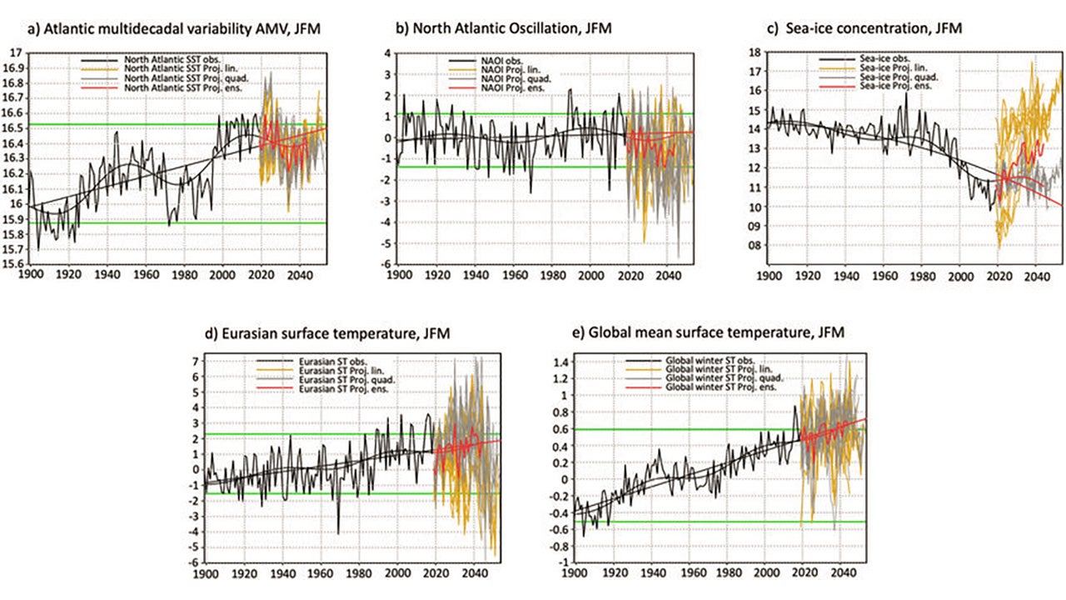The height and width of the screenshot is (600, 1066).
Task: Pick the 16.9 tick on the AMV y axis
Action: tap(13, 67)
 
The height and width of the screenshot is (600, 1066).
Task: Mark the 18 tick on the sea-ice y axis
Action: tap(758, 52)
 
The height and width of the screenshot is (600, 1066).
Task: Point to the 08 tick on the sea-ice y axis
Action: tap(757, 246)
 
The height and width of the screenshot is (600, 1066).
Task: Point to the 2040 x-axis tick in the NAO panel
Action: tap(667, 275)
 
